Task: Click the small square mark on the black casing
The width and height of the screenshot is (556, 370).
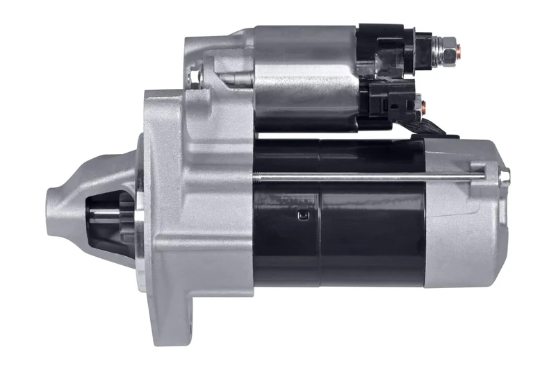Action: (x=302, y=216)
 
